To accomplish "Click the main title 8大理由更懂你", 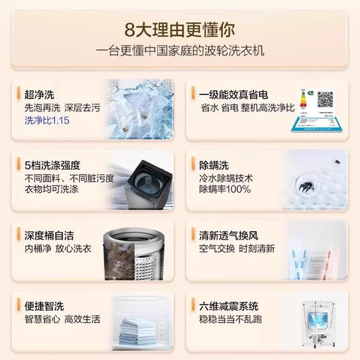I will (179, 31).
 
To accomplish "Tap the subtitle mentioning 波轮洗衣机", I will (179, 52).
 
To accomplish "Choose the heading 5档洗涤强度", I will (53, 165).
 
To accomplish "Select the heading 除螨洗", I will (214, 165).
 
